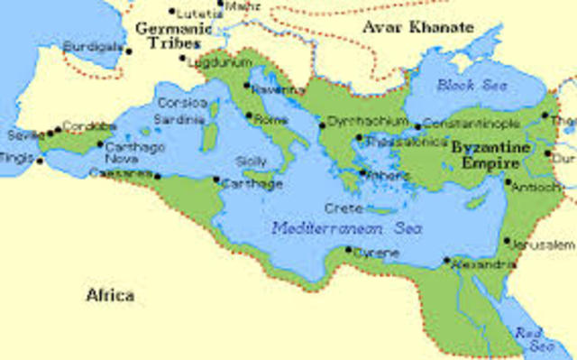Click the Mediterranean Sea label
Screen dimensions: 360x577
tap(339, 227)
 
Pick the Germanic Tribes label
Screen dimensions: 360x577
tap(171, 36)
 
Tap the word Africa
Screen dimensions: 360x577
tap(110, 295)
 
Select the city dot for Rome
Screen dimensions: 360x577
tap(248, 115)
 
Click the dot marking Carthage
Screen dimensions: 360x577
tap(216, 180)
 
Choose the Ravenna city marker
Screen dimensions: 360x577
tap(247, 86)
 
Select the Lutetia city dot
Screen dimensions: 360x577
tap(172, 12)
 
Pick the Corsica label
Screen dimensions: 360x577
tap(182, 103)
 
